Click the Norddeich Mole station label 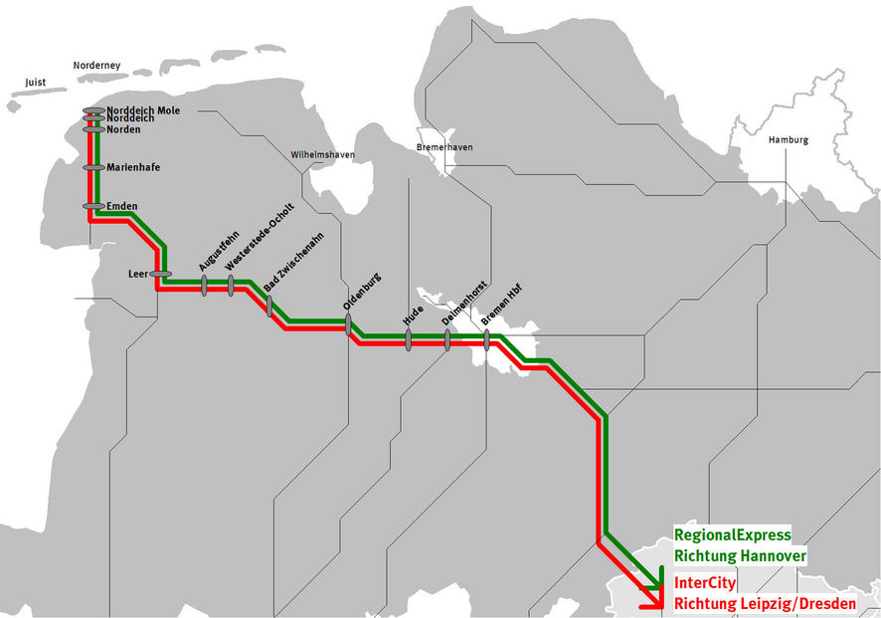coord(143,110)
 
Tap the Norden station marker coord(93,129)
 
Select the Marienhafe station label coord(133,167)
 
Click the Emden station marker coord(93,206)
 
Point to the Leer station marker coord(161,274)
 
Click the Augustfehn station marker coord(204,286)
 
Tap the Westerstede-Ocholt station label coord(260,237)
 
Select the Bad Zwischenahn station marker coord(269,307)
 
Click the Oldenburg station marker coord(348,325)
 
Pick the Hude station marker coord(409,340)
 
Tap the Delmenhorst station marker coord(447,340)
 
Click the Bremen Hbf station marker coord(486,340)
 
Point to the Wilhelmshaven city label coord(322,154)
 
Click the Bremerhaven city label coord(444,147)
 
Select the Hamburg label coord(789,140)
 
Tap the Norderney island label coord(96,66)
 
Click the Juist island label coord(36,83)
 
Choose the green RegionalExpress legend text coord(733,534)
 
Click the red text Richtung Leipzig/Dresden coord(766,603)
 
